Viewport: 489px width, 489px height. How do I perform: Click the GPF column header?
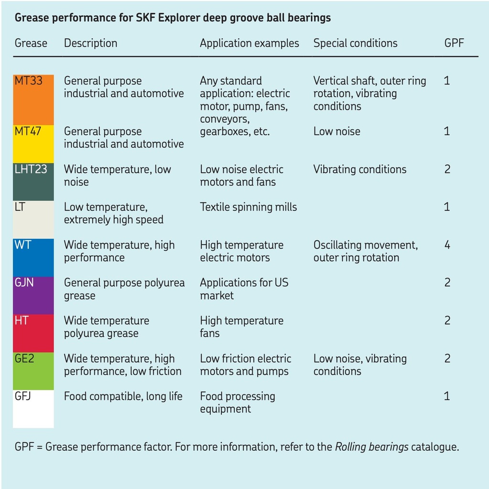(454, 43)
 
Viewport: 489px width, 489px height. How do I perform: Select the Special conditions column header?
(355, 43)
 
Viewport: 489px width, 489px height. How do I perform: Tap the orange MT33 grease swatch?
(33, 100)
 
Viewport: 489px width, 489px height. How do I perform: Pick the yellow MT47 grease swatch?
(33, 144)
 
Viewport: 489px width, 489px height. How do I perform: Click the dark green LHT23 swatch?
(33, 181)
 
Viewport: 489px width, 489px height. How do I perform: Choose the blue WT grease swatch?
(33, 257)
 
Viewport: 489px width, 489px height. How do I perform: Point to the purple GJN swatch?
(33, 295)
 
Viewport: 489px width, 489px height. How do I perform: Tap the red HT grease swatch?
(33, 333)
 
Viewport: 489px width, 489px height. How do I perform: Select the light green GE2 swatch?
(33, 371)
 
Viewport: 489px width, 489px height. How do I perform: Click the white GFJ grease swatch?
(33, 408)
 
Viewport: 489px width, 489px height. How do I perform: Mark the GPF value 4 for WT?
(447, 245)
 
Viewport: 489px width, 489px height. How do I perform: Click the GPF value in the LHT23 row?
(447, 170)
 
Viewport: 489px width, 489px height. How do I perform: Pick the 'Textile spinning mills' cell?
(248, 207)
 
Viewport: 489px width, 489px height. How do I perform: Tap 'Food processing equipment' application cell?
(237, 403)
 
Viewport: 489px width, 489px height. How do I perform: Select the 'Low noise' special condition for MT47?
(337, 132)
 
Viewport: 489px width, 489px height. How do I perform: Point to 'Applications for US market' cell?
(243, 289)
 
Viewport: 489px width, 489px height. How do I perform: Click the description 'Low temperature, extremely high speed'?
(113, 213)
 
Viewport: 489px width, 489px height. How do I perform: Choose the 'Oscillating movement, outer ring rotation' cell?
(365, 251)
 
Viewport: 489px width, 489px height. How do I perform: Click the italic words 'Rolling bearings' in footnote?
(371, 447)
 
